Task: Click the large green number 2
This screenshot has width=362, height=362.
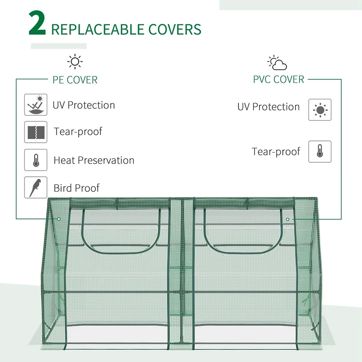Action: pos(38,24)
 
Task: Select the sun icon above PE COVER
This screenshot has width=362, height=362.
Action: pos(75,62)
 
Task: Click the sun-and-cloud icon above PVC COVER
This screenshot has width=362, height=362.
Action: pos(277,63)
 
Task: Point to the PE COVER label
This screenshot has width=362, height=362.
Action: pos(75,80)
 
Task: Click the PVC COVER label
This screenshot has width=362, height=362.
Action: pos(278,80)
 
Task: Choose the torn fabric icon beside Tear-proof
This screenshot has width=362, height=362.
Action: pos(36,132)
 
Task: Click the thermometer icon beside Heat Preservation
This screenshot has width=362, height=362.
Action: pos(36,160)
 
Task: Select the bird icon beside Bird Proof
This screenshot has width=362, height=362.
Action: pos(36,187)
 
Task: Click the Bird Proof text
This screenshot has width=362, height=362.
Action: pos(76,188)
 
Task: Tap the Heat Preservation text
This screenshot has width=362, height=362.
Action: pos(94,160)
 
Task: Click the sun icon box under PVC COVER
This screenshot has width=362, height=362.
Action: pos(320,110)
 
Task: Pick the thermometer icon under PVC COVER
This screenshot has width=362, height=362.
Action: pos(320,152)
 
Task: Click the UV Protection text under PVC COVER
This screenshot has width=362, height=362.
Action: pos(268,107)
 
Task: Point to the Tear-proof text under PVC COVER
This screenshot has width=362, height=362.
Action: pos(276,152)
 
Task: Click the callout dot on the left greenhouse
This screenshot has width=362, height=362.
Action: pos(59,219)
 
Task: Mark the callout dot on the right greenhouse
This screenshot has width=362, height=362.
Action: pos(287,219)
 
